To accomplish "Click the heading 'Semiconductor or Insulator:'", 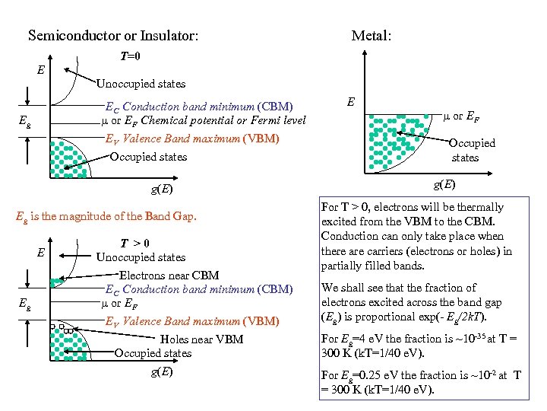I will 113,36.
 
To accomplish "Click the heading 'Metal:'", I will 371,36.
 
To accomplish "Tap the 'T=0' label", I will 130,57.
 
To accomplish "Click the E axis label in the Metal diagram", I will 350,101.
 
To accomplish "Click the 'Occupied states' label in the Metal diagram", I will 471,150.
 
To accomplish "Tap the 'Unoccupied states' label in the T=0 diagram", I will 140,84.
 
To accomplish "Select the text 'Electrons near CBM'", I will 169,276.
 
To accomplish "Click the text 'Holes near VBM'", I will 202,339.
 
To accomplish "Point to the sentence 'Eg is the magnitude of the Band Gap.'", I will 106,217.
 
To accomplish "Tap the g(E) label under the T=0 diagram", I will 160,190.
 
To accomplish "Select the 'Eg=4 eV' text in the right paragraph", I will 350,339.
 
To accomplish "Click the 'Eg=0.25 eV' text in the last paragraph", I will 356,375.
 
